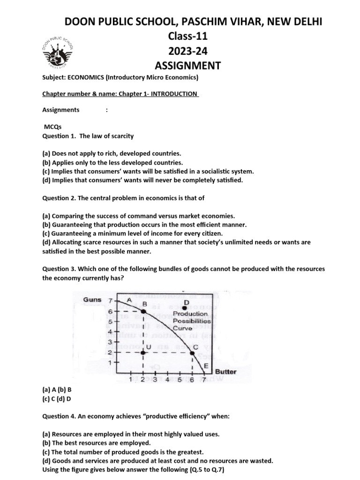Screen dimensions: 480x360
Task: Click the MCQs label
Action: coord(53,127)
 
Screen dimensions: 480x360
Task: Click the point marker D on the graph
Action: coord(186,307)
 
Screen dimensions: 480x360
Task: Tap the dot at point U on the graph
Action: coord(142,352)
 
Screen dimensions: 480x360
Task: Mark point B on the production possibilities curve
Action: coord(143,311)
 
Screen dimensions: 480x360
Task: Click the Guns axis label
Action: coord(93,300)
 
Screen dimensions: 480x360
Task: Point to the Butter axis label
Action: coord(226,372)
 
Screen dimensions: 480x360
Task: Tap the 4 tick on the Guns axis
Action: coord(110,331)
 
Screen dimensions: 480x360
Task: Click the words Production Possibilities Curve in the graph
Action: coord(191,321)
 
